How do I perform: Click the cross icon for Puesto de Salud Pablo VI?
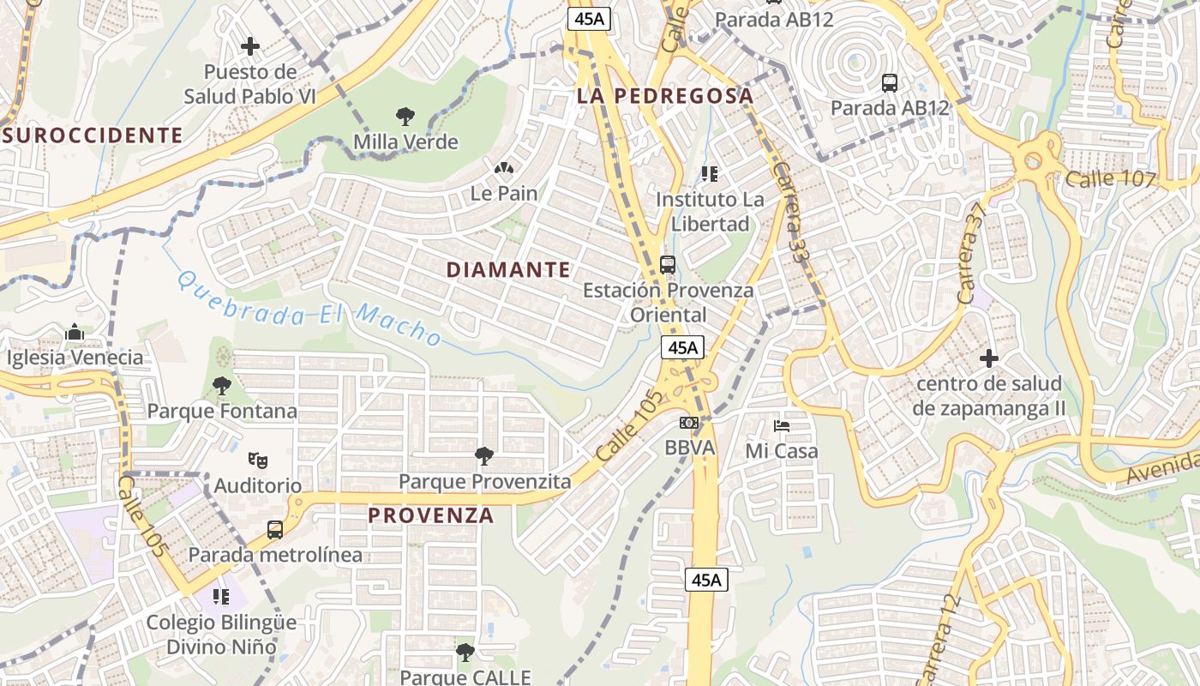(250, 45)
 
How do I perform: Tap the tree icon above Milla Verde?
(405, 116)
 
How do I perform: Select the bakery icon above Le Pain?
(504, 168)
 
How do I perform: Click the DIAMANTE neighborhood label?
(508, 269)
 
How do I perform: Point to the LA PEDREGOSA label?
(665, 95)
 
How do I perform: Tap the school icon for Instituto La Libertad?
(709, 174)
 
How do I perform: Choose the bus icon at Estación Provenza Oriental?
(668, 264)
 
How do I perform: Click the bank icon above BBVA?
(689, 423)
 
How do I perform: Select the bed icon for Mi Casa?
(781, 425)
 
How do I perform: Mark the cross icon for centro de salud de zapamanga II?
(989, 358)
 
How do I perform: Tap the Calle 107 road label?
(1111, 178)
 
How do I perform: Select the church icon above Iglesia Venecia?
(75, 332)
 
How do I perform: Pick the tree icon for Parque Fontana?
(222, 386)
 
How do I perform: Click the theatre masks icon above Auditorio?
(257, 460)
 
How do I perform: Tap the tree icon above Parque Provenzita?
(484, 455)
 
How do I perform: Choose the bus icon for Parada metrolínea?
(274, 530)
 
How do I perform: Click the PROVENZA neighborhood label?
(431, 514)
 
